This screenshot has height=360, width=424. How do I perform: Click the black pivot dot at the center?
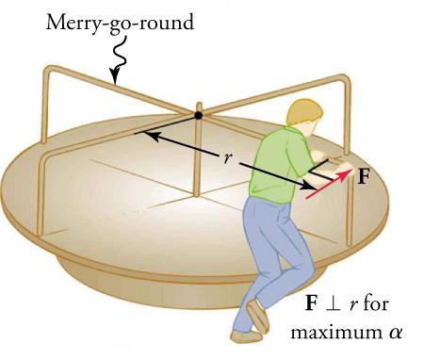(x=198, y=116)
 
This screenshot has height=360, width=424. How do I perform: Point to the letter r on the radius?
(x=226, y=158)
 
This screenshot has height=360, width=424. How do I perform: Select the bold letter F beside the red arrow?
(x=363, y=176)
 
